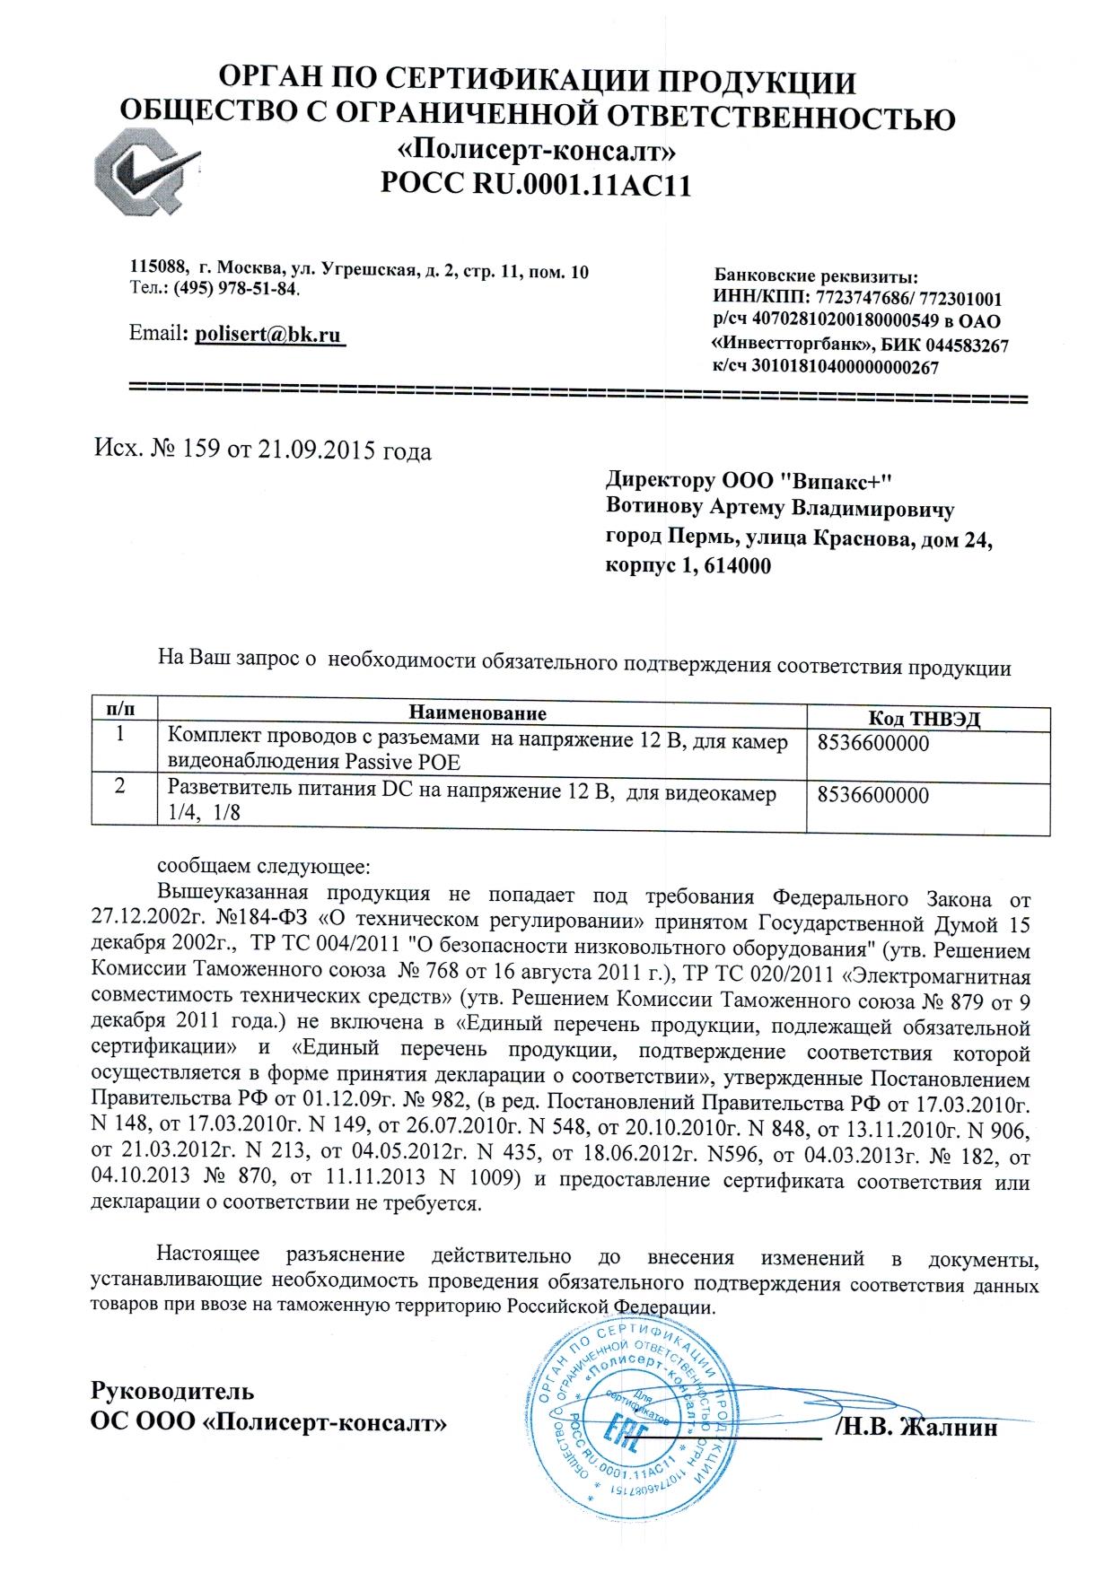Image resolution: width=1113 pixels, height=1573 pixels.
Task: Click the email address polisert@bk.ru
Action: coord(268,335)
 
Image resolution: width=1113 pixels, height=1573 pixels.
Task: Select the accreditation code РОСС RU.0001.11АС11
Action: coord(537,184)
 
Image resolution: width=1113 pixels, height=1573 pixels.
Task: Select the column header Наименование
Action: coord(478,713)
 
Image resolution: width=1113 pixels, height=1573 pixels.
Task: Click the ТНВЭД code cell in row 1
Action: coord(873,744)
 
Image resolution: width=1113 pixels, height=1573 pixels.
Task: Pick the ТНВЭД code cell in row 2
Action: coord(873,795)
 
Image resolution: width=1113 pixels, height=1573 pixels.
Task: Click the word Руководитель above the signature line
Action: coord(172,1392)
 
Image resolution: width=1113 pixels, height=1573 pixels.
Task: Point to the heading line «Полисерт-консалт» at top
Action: coord(537,149)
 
